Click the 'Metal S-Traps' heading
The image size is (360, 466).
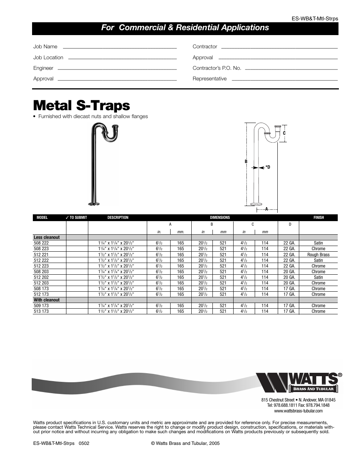click(x=82, y=105)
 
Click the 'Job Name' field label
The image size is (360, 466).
click(x=45, y=46)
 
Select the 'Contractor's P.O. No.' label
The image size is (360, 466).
click(x=217, y=68)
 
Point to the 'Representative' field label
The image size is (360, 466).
click(x=209, y=78)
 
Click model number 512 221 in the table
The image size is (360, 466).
click(x=41, y=255)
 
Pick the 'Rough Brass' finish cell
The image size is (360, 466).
click(x=318, y=255)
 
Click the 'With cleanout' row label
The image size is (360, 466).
click(x=46, y=300)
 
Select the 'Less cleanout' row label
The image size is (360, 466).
click(x=46, y=237)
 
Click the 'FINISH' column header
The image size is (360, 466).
click(x=318, y=217)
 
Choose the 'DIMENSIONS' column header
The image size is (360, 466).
click(x=220, y=217)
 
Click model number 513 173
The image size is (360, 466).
click(x=41, y=311)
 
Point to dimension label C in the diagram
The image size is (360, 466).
click(x=285, y=133)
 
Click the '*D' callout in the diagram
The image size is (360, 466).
click(x=268, y=167)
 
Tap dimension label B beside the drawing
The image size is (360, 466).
click(x=246, y=161)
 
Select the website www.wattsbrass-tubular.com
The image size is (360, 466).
click(x=298, y=411)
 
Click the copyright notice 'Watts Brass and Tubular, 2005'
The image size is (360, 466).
click(x=185, y=443)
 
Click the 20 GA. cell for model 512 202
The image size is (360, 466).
click(x=289, y=277)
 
